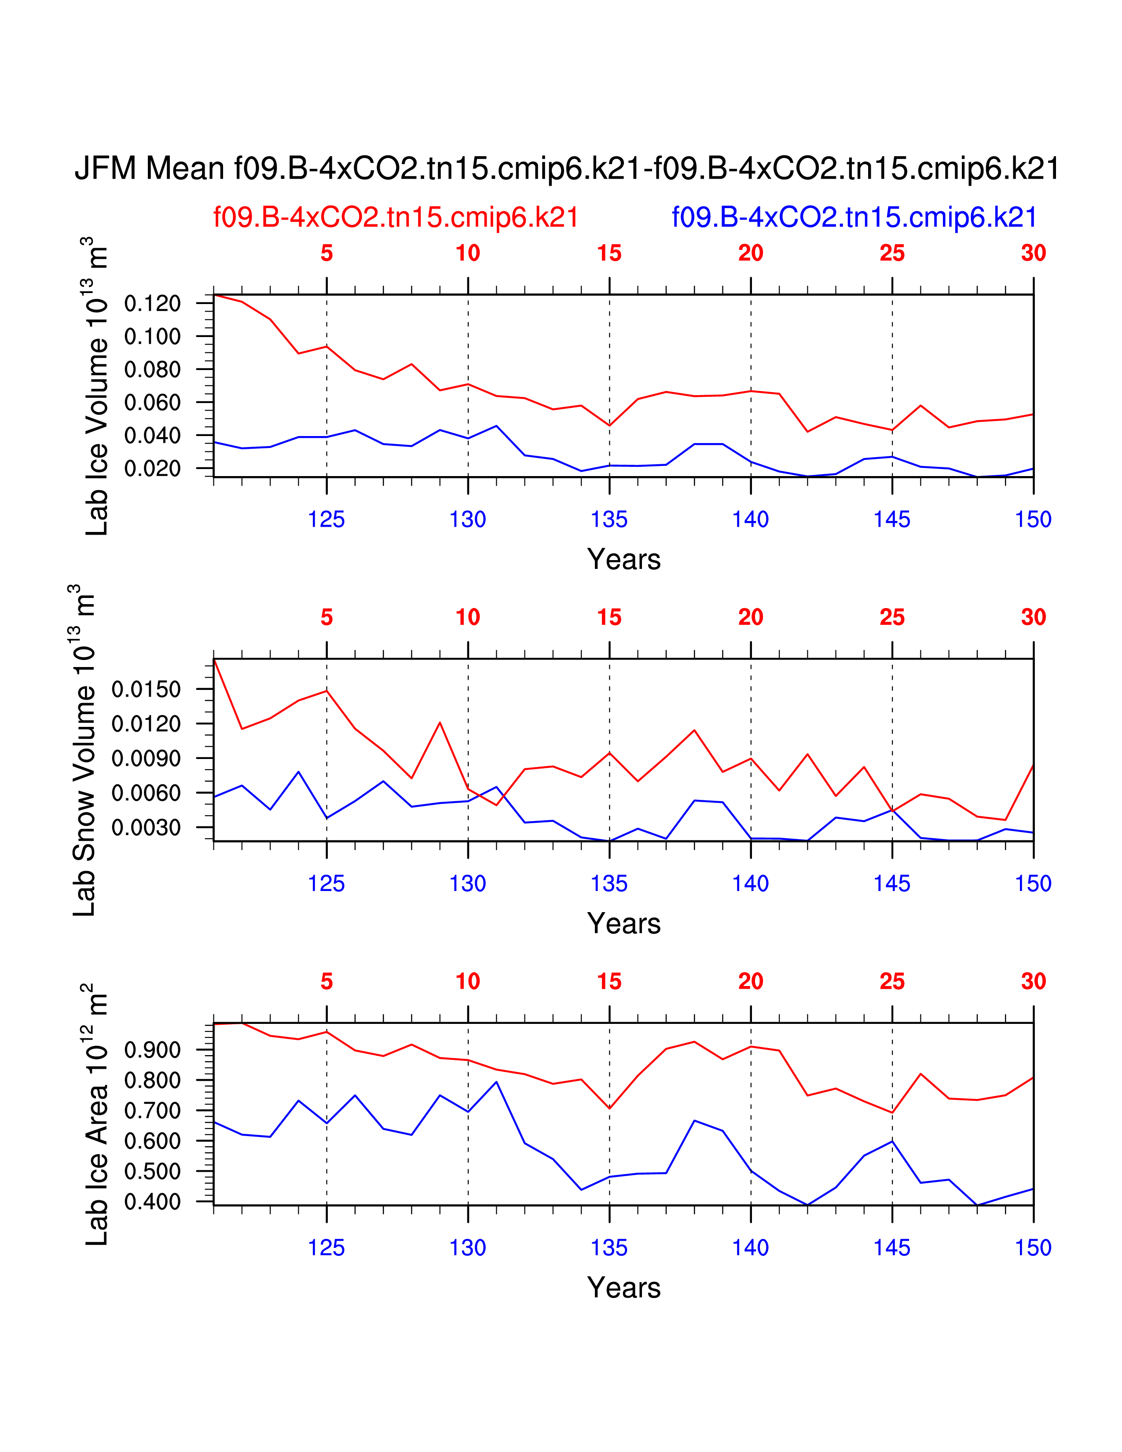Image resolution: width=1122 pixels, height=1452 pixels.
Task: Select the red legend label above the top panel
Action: tap(396, 217)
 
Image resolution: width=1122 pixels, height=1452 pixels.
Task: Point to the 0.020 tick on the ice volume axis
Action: tap(152, 469)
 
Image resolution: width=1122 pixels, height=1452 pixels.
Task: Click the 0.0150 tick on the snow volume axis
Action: tap(146, 689)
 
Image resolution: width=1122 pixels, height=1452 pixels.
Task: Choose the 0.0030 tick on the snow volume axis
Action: tap(146, 828)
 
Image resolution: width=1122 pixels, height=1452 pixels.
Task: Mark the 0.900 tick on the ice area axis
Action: tap(152, 1050)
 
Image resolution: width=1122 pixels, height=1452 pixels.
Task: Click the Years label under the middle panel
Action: tap(623, 924)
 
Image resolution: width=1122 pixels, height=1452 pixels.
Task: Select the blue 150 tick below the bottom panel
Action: tap(1033, 1248)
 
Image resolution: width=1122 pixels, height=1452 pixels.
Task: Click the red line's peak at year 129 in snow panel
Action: tap(440, 722)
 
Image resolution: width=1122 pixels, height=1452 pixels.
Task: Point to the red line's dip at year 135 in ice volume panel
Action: tap(609, 425)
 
